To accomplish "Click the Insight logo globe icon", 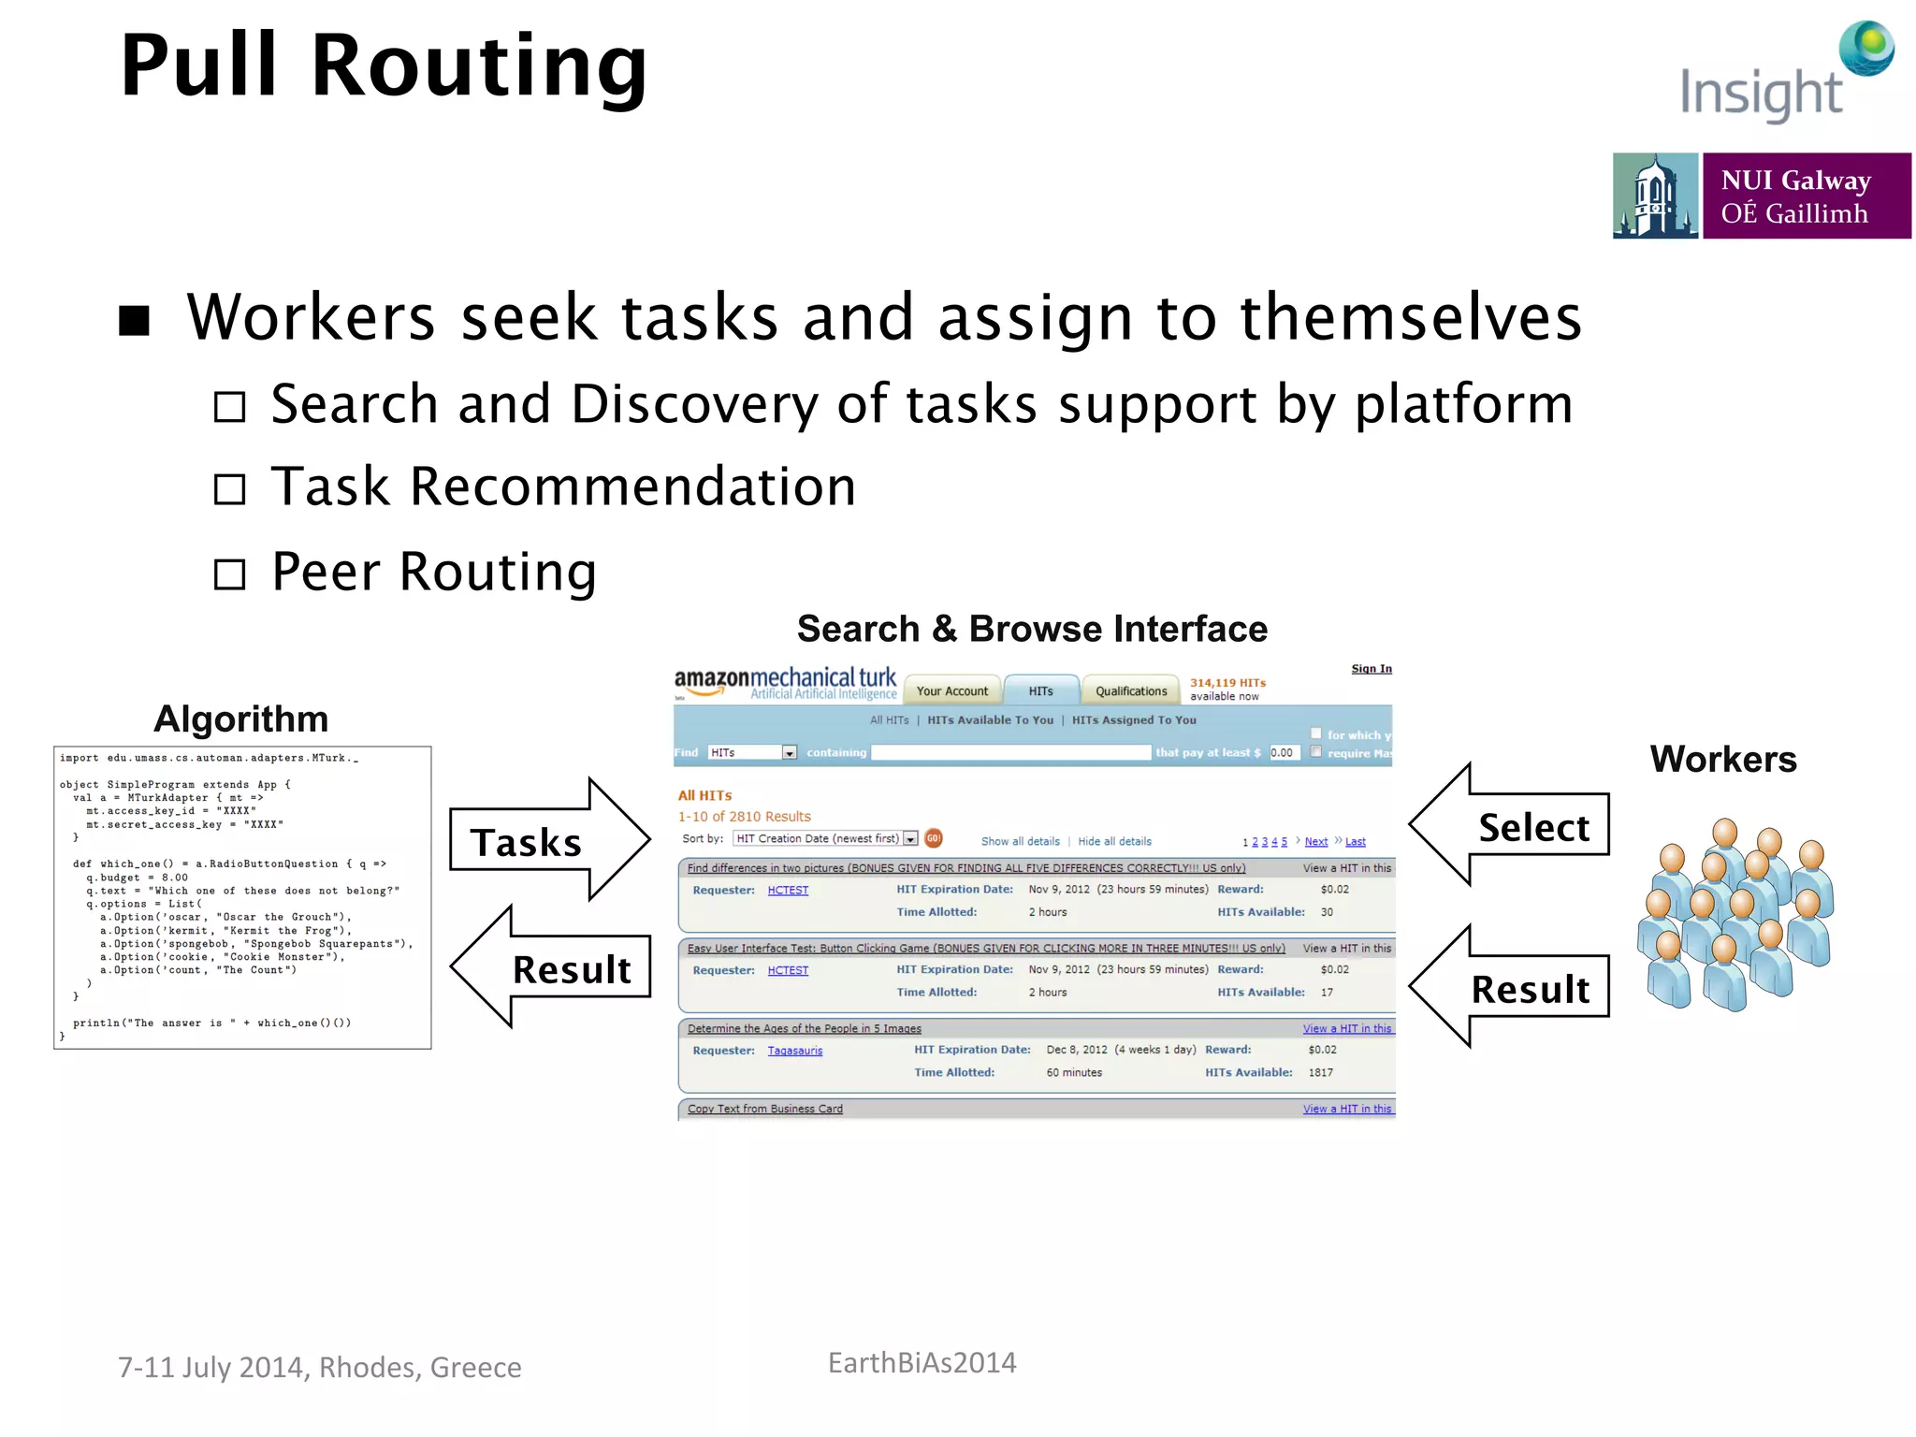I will [x=1866, y=48].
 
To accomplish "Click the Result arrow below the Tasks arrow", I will [x=552, y=967].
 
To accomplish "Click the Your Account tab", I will [x=951, y=691].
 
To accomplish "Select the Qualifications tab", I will [x=1130, y=691].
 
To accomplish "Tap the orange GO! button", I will [x=933, y=838].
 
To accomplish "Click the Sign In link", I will [x=1371, y=669].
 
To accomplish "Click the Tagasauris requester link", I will [x=794, y=1051].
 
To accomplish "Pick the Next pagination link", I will [x=1315, y=842].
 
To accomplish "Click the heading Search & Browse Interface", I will [x=1031, y=629].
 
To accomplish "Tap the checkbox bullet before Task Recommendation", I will [x=229, y=489].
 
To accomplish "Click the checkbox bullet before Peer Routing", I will [x=229, y=573].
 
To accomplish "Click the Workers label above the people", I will [x=1722, y=759].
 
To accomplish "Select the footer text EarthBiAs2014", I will [x=922, y=1363].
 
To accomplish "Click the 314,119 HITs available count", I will [x=1227, y=689].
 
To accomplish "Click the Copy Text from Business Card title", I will [x=764, y=1109].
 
